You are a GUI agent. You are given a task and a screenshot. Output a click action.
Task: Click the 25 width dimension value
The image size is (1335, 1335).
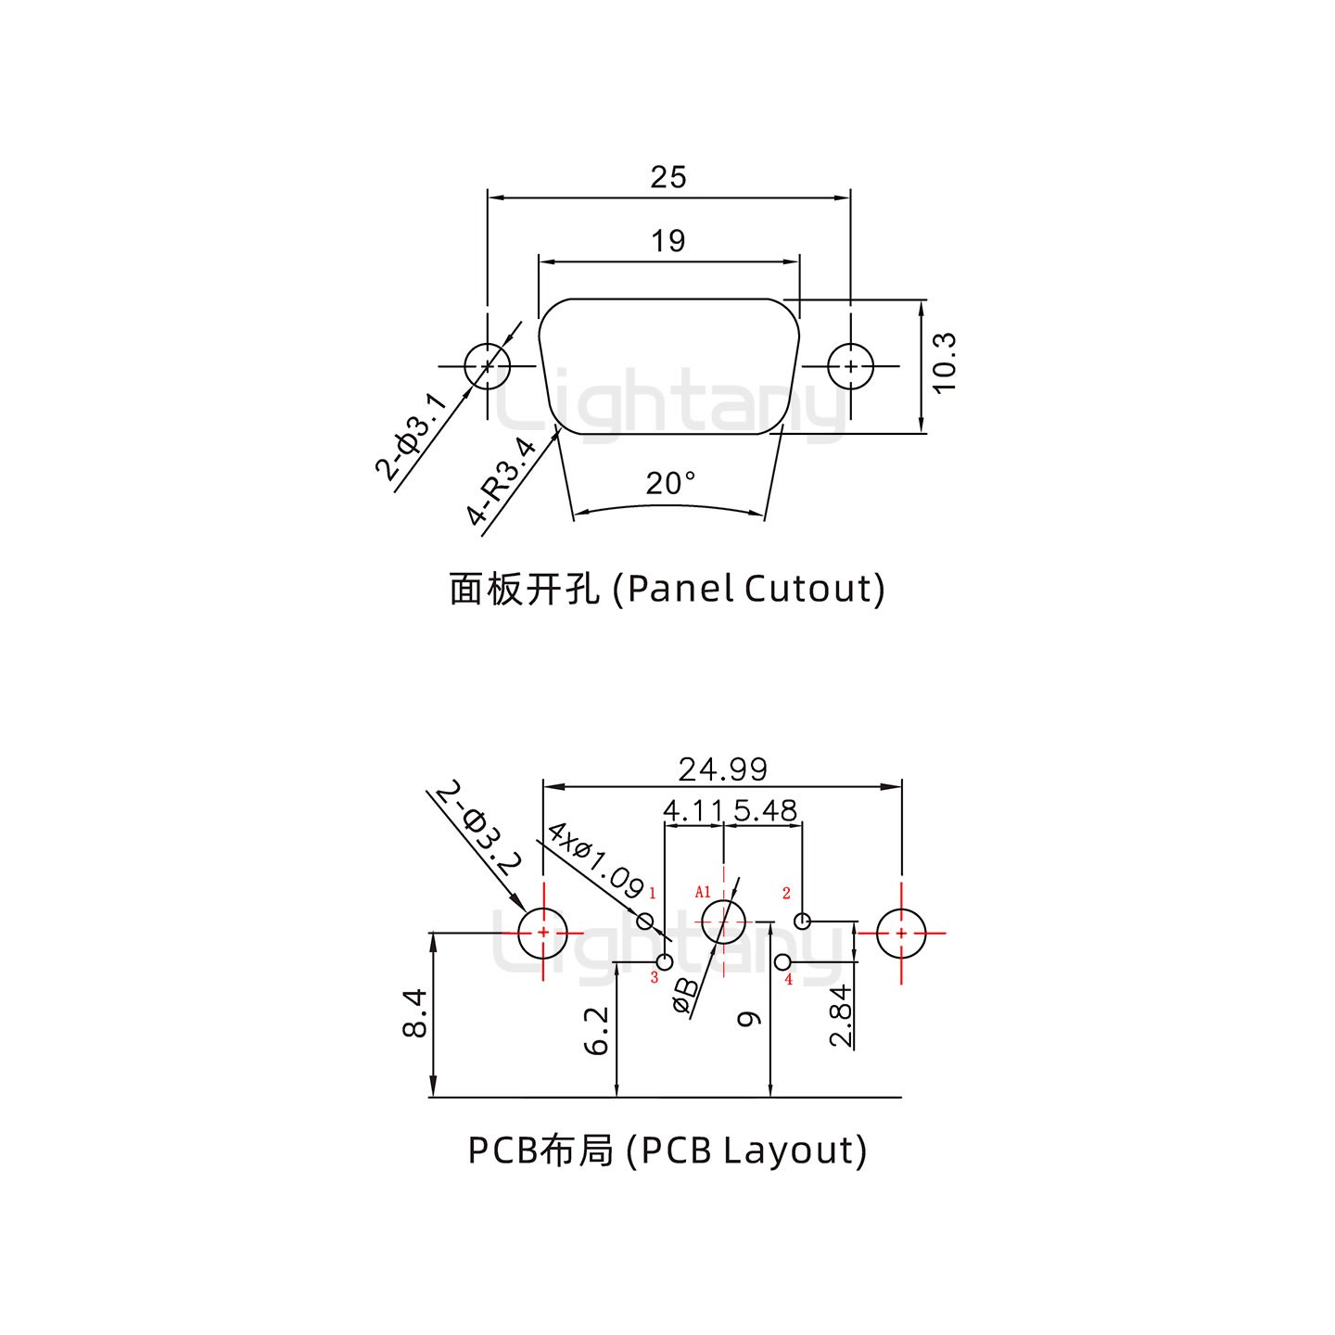click(667, 176)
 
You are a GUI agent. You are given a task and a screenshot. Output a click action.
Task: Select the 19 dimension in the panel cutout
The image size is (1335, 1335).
click(667, 241)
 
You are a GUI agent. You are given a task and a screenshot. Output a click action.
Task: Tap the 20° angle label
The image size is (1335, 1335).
click(670, 483)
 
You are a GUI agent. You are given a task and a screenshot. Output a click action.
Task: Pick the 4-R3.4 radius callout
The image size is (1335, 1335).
click(502, 481)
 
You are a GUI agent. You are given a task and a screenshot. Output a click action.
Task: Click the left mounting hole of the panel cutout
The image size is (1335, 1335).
click(488, 366)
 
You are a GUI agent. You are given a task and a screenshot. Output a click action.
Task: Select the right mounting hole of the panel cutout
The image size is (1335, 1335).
click(850, 366)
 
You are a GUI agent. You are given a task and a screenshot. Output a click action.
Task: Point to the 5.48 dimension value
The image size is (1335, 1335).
click(764, 811)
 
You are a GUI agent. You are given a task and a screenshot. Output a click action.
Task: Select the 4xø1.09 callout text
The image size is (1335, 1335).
click(595, 860)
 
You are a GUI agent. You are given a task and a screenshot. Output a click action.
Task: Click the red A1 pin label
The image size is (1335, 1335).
click(703, 892)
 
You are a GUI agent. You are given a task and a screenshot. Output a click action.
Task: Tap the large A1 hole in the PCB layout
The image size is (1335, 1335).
click(723, 922)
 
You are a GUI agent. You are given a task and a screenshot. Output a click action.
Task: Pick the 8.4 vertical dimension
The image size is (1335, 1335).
click(416, 1013)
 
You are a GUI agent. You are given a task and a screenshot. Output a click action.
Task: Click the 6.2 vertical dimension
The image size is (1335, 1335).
click(598, 1031)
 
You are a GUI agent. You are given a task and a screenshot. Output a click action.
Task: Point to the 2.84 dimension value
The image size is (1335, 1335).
click(841, 1016)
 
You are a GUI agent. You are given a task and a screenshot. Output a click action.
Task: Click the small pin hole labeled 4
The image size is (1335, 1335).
click(783, 961)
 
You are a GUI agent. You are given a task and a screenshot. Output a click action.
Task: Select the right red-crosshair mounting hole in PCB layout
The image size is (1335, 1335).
click(901, 933)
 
